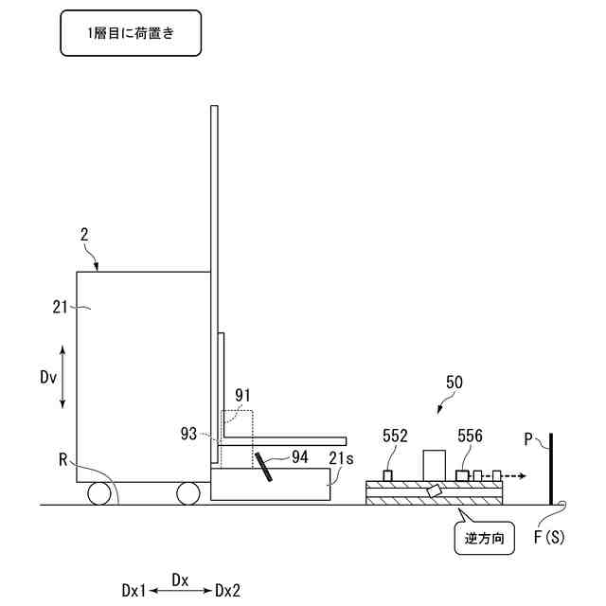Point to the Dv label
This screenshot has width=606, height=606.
49,376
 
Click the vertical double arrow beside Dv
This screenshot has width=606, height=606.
63,376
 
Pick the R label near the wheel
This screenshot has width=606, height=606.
62,461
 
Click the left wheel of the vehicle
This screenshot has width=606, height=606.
99,493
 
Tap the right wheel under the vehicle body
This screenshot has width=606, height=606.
187,493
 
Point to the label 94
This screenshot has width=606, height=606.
300,456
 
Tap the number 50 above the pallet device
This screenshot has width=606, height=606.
454,382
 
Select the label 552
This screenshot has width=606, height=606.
396,437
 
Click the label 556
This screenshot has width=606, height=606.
472,437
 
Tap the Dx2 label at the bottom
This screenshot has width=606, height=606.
227,590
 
